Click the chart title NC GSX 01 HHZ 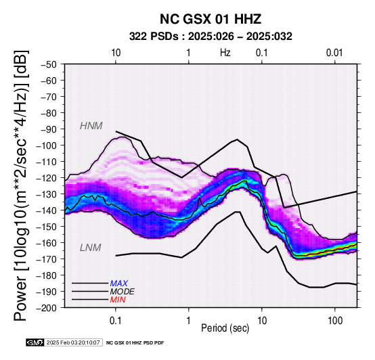coord(211,19)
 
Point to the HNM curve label coord(91,126)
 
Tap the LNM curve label coord(91,248)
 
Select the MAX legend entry coord(119,284)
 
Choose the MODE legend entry coord(123,292)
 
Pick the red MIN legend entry coord(118,300)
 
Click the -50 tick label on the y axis coord(49,64)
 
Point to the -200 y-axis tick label coord(47,308)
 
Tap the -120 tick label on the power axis coord(47,178)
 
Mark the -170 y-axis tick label coord(47,259)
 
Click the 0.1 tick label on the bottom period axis coord(116,321)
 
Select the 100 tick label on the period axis coord(335,321)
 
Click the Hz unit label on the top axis coord(225,53)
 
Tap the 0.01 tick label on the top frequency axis coord(334,53)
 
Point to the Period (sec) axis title coord(225,328)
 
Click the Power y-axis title coord(20,185)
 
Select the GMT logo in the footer coord(35,342)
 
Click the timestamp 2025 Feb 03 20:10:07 coord(73,342)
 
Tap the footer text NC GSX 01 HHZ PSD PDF coord(135,343)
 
